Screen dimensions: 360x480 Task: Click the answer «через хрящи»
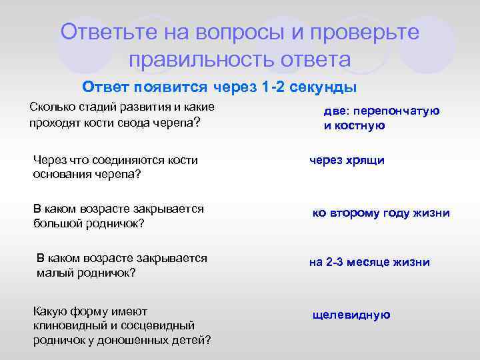click(347, 160)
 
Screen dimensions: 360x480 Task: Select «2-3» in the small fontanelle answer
click(334, 262)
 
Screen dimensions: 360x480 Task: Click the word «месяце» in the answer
click(372, 262)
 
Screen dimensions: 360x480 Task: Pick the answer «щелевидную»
click(351, 315)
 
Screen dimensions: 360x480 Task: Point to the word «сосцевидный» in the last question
click(159, 325)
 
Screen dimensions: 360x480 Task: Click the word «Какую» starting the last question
click(51, 311)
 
